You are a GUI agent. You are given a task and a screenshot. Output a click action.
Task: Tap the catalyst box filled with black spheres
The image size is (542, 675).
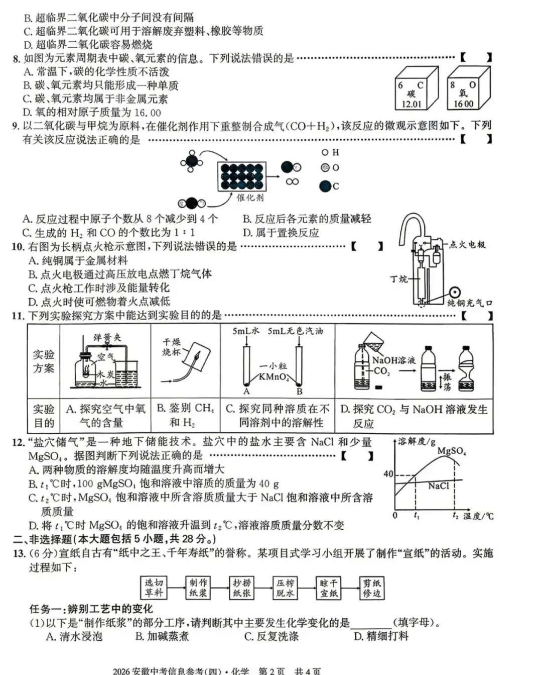click(241, 176)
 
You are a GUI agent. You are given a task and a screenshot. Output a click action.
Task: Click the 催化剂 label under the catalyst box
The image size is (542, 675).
click(250, 198)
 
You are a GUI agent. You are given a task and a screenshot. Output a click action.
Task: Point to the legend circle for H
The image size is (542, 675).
click(325, 152)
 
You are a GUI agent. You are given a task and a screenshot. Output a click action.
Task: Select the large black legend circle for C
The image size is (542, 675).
click(325, 186)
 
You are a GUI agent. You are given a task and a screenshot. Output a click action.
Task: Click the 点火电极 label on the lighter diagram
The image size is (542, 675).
click(467, 245)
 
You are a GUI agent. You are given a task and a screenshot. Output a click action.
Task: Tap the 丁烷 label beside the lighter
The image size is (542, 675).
click(399, 279)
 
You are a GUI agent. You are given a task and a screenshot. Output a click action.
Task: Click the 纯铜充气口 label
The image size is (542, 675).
click(470, 303)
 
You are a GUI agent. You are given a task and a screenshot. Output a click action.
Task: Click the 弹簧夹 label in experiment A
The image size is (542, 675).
click(107, 337)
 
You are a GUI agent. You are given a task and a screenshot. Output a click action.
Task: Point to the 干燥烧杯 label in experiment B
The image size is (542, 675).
click(171, 347)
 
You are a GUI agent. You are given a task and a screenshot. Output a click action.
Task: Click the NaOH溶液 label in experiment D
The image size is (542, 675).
click(393, 360)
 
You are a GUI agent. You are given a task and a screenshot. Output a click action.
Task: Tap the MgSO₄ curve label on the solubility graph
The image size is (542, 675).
click(451, 451)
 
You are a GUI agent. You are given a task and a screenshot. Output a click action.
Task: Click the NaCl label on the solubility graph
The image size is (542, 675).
click(438, 486)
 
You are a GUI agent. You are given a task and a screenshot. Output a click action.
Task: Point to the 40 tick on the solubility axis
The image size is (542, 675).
click(388, 474)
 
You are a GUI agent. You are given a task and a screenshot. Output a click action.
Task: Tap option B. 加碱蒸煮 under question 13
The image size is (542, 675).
click(162, 636)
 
